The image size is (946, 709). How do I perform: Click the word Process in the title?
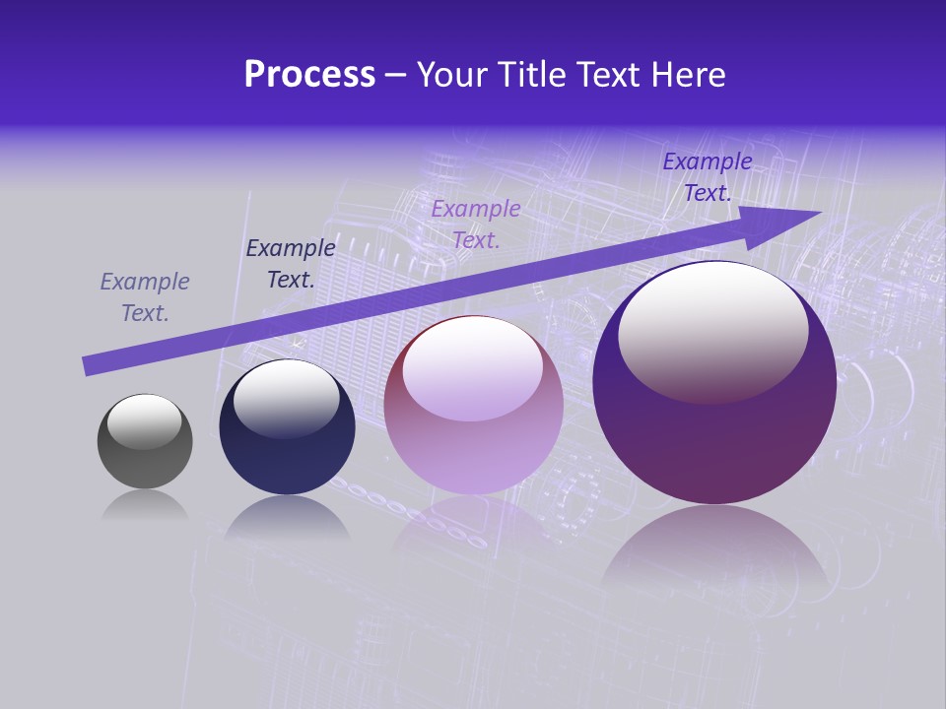309,75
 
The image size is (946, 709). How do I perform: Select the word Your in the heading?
454,75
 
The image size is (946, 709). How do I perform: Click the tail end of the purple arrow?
89,365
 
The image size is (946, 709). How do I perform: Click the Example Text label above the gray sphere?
145,297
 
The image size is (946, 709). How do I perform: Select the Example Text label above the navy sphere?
291,264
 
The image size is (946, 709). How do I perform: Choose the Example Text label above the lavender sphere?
476,224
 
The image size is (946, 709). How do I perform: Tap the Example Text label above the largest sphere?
707,177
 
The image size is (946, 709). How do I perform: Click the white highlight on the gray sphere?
144,419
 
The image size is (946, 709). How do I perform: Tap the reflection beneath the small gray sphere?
145,505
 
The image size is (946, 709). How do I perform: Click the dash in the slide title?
396,76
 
